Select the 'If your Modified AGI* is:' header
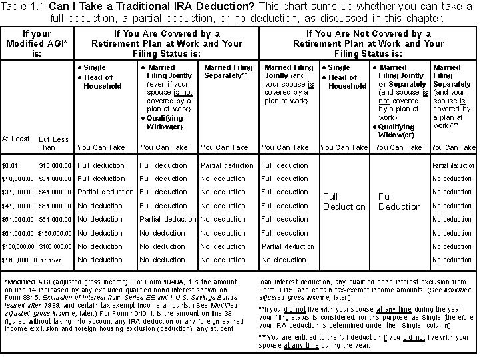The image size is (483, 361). [x=36, y=43]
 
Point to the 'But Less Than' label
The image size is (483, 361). [x=53, y=143]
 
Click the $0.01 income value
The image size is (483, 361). [x=10, y=165]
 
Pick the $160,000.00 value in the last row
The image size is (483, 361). [x=19, y=260]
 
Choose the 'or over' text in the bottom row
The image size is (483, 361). [x=51, y=260]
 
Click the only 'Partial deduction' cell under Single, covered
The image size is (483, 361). [x=105, y=192]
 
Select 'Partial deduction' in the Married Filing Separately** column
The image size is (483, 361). [x=227, y=165]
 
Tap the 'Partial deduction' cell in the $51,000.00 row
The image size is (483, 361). [x=167, y=219]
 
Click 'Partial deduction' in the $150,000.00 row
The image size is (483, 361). [x=288, y=246]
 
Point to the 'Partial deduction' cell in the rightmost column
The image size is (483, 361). [x=453, y=165]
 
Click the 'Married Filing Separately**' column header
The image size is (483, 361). [x=227, y=72]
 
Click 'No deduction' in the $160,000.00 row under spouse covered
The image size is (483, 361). [x=284, y=260]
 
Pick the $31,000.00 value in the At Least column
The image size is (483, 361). [x=19, y=192]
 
